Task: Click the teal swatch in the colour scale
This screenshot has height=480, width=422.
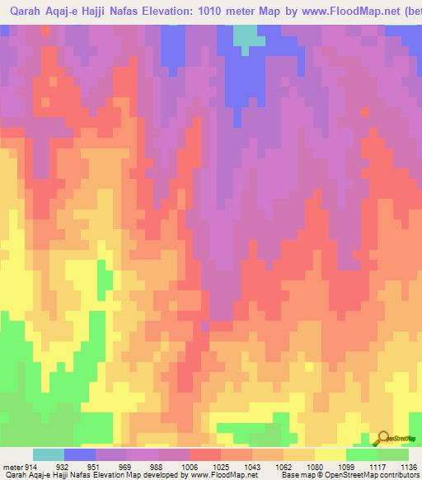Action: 49,455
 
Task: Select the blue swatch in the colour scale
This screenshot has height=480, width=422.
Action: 80,455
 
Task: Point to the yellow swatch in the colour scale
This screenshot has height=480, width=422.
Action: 330,455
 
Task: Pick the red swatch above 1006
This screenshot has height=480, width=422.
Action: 204,455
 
